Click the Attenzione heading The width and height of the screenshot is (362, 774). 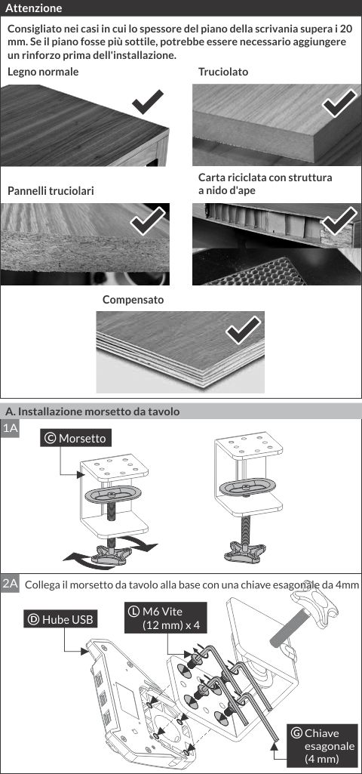pyautogui.click(x=33, y=8)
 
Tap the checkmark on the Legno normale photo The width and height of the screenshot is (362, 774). pyautogui.click(x=148, y=102)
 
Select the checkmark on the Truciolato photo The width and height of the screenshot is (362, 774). pyautogui.click(x=339, y=103)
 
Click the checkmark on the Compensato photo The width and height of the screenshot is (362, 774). pyautogui.click(x=243, y=330)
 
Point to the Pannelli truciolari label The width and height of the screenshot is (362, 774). pyautogui.click(x=51, y=191)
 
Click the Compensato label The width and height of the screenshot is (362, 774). pyautogui.click(x=133, y=300)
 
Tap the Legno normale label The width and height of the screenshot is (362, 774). pyautogui.click(x=43, y=72)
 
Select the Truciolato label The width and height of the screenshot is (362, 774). pyautogui.click(x=223, y=72)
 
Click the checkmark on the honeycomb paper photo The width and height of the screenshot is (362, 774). pyautogui.click(x=339, y=220)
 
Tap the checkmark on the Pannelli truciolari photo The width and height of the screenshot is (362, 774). pyautogui.click(x=148, y=220)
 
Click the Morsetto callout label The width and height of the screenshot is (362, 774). pyautogui.click(x=75, y=438)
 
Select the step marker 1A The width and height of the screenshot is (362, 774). pyautogui.click(x=11, y=428)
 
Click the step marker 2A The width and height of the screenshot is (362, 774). pyautogui.click(x=11, y=584)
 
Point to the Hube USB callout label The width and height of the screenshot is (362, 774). pyautogui.click(x=60, y=619)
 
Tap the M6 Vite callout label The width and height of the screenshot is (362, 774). pyautogui.click(x=165, y=618)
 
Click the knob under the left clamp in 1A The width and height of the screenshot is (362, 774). pyautogui.click(x=108, y=554)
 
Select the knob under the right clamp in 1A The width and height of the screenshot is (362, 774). pyautogui.click(x=244, y=551)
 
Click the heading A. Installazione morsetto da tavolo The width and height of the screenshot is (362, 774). pyautogui.click(x=92, y=412)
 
